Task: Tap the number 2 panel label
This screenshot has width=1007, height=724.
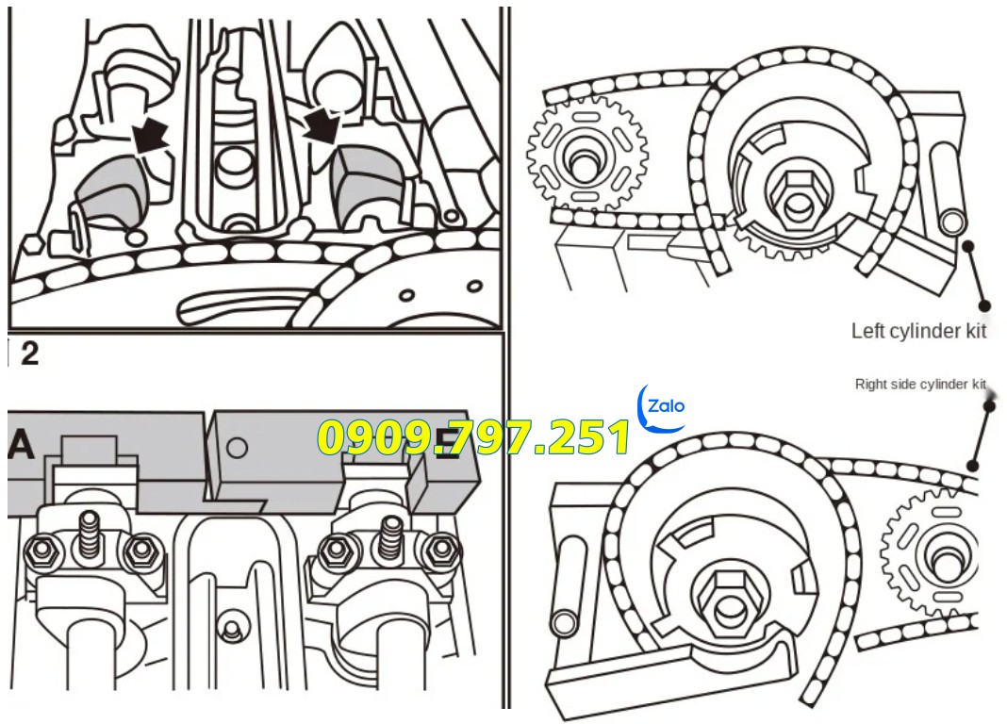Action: pos(29,354)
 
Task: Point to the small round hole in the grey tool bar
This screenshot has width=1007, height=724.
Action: pos(238,447)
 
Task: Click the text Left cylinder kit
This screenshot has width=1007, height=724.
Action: pos(918,331)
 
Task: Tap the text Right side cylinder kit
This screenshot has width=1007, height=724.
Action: pos(919,385)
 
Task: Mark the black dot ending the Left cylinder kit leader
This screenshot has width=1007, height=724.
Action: pos(984,304)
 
